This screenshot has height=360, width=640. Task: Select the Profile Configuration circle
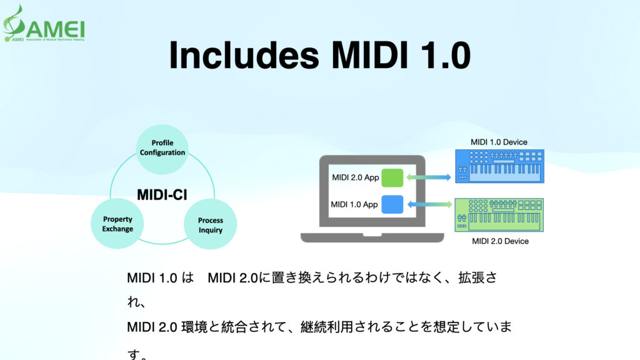tap(162, 147)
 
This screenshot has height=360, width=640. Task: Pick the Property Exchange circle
tap(118, 224)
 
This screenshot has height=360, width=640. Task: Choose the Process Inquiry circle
tap(210, 225)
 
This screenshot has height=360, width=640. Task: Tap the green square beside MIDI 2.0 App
tap(392, 177)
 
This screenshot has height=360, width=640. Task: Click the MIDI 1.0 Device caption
tap(499, 142)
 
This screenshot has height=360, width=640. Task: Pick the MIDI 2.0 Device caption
tap(500, 241)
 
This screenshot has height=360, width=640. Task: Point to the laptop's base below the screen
tap(372, 237)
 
